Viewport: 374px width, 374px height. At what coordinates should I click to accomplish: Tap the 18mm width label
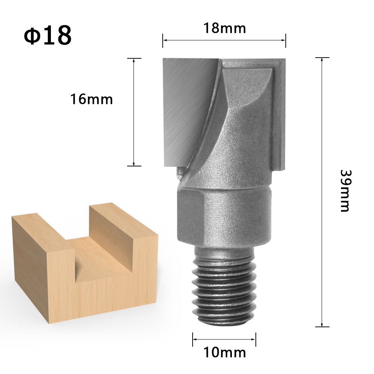pos(224,28)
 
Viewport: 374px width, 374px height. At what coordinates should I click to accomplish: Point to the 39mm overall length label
pos(345,191)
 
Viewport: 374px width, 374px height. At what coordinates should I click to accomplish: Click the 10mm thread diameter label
pos(224,352)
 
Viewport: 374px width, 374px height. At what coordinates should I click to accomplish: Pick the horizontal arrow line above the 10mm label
pos(224,340)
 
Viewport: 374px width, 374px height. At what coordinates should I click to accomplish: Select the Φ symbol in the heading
pos(33,36)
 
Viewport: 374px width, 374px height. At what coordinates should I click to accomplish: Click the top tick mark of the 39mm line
pos(322,58)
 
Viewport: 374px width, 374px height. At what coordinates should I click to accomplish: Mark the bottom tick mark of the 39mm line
pos(322,327)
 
